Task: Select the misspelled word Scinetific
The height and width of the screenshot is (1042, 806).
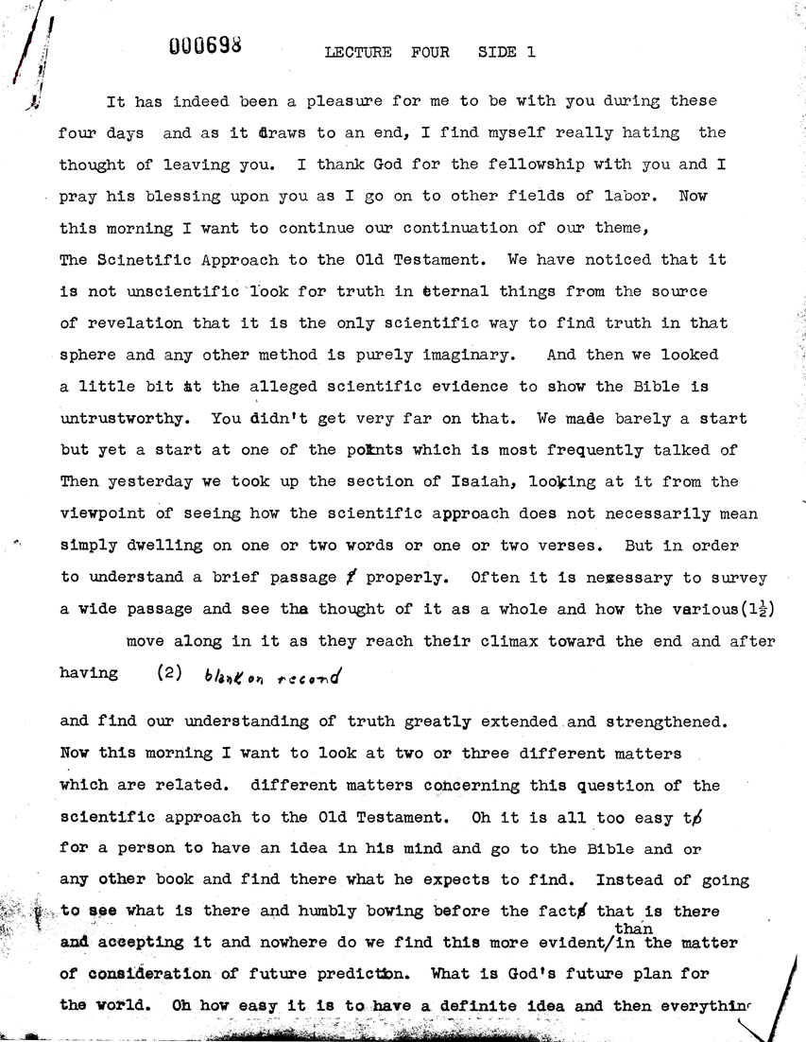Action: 130,259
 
